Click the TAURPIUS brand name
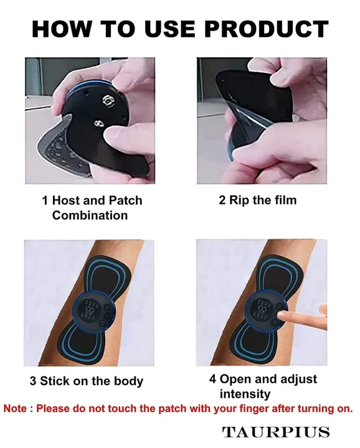(276, 431)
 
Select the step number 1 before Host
(45, 200)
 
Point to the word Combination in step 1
(90, 215)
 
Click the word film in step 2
(283, 200)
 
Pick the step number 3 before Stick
(33, 381)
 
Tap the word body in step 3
(129, 381)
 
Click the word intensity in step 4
(245, 394)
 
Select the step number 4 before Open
(213, 379)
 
